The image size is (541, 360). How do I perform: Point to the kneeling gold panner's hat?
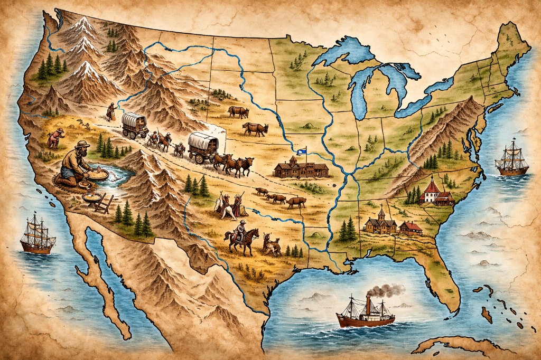tap(82, 145)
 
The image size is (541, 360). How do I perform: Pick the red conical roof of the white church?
tap(432, 185)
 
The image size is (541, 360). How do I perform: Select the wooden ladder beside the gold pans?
tap(104, 203)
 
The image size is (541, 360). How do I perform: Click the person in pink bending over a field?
tap(54, 138)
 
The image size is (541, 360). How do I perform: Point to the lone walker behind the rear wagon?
tap(110, 111)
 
